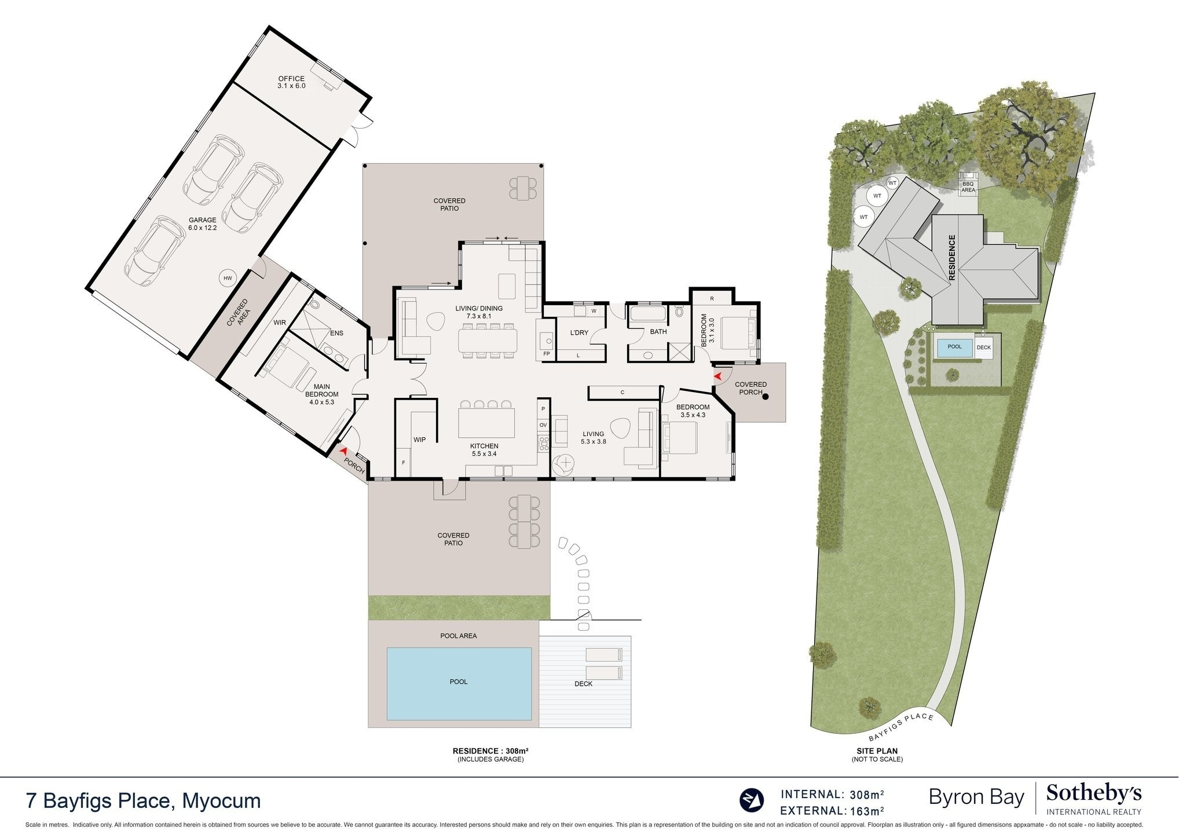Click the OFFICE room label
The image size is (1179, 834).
click(x=291, y=79)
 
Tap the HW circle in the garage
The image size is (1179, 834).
click(x=228, y=279)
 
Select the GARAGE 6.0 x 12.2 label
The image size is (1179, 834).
click(x=202, y=224)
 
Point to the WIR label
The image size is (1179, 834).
click(x=280, y=323)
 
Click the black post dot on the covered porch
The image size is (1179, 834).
click(x=766, y=397)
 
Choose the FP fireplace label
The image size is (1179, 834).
click(x=546, y=354)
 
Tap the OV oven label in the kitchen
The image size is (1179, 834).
click(x=543, y=425)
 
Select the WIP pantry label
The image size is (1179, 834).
click(x=420, y=440)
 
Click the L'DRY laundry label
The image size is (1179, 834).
click(x=579, y=332)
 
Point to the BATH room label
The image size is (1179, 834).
click(x=658, y=332)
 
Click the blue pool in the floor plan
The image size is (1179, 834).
click(x=459, y=683)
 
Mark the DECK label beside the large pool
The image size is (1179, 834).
click(x=583, y=684)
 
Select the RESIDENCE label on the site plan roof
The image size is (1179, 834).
click(x=952, y=258)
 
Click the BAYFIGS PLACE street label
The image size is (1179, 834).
click(x=901, y=727)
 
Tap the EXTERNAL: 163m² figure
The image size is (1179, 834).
click(x=832, y=811)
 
